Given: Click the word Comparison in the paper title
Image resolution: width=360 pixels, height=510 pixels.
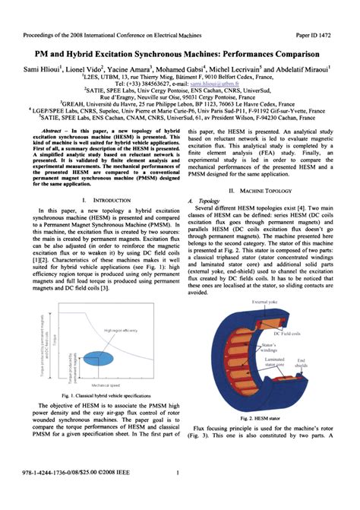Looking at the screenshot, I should click(x=292, y=55).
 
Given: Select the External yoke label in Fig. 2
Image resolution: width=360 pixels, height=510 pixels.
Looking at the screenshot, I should click(x=263, y=303).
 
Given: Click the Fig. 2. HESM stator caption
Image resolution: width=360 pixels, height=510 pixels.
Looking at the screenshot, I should click(x=262, y=417).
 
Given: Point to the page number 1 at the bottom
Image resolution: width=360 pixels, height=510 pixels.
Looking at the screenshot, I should click(x=176, y=496).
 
